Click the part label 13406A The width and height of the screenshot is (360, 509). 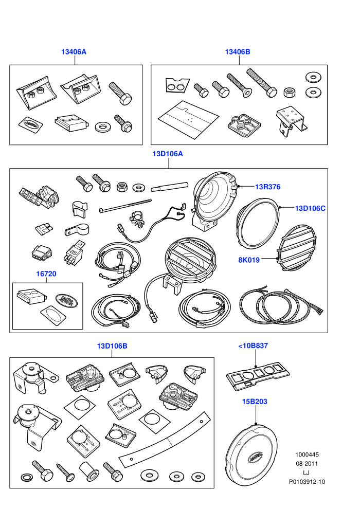(x=74, y=51)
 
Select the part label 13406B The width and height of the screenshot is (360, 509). (x=238, y=51)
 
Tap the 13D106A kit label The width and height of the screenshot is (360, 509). (x=168, y=154)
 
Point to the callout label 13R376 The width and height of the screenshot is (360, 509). (x=267, y=187)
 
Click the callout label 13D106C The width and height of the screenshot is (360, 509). (x=310, y=208)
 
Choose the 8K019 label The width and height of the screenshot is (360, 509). (x=249, y=260)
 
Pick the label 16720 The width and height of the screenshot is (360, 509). (x=46, y=274)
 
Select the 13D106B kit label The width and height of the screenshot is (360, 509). (x=112, y=346)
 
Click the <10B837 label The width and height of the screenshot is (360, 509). (x=253, y=346)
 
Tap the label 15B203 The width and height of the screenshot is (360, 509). (x=255, y=402)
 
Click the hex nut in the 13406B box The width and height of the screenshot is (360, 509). (x=289, y=92)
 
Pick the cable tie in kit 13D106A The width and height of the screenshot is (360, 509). (x=124, y=207)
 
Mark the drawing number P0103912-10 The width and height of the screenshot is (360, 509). (x=307, y=482)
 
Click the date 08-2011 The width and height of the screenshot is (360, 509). (x=307, y=464)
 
